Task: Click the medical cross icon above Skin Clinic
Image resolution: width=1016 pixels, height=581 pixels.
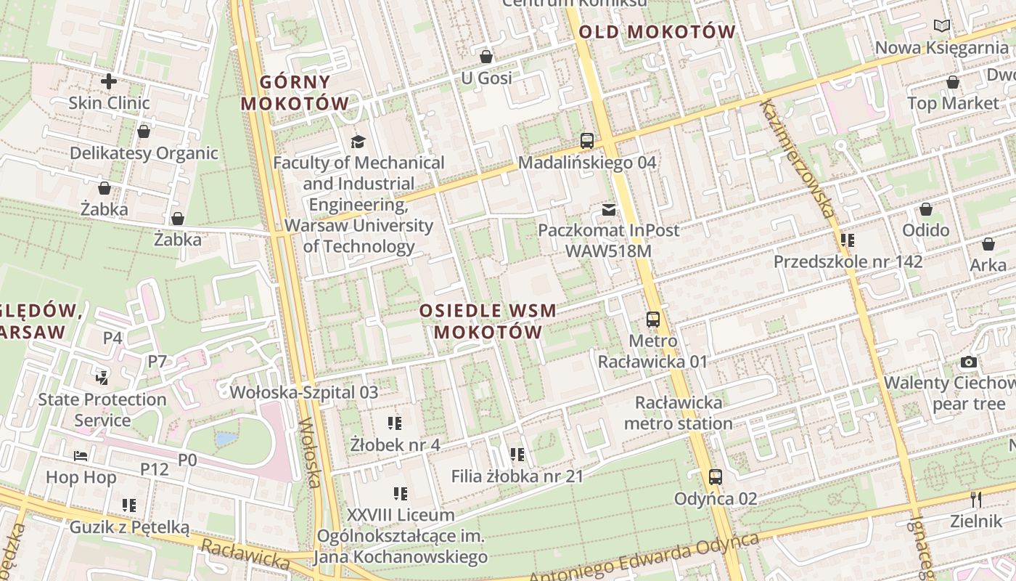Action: [109, 81]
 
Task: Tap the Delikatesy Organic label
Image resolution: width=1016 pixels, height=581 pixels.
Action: [144, 153]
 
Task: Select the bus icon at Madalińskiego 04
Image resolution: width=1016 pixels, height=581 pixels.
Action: [586, 141]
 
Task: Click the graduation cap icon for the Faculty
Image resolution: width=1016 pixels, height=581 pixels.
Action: [358, 141]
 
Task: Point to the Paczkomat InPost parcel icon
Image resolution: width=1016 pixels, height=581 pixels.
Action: [608, 210]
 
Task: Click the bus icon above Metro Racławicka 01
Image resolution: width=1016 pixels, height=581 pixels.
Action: [652, 320]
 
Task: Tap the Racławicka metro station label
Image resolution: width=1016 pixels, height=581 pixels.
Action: [678, 413]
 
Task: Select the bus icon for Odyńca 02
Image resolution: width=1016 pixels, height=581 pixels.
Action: [715, 477]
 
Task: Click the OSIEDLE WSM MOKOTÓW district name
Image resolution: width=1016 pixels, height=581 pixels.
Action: [488, 321]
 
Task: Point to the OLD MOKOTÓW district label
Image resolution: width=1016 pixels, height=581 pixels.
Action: [657, 32]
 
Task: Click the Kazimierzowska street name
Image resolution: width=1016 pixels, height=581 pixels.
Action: [797, 158]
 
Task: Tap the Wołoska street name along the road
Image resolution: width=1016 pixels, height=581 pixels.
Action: [311, 452]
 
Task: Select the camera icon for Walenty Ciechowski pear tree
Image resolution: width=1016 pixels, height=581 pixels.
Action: [968, 362]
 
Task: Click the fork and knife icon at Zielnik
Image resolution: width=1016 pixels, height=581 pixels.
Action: [976, 500]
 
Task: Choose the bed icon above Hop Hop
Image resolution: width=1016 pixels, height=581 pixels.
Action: [81, 456]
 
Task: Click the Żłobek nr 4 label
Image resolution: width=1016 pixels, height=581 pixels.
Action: [395, 444]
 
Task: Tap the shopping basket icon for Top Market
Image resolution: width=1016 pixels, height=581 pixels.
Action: [952, 83]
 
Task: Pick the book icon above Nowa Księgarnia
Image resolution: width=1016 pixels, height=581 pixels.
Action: [942, 26]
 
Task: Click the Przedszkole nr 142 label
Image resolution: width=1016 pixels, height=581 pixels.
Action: [848, 261]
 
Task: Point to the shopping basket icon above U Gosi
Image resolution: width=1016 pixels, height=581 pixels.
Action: [486, 57]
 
